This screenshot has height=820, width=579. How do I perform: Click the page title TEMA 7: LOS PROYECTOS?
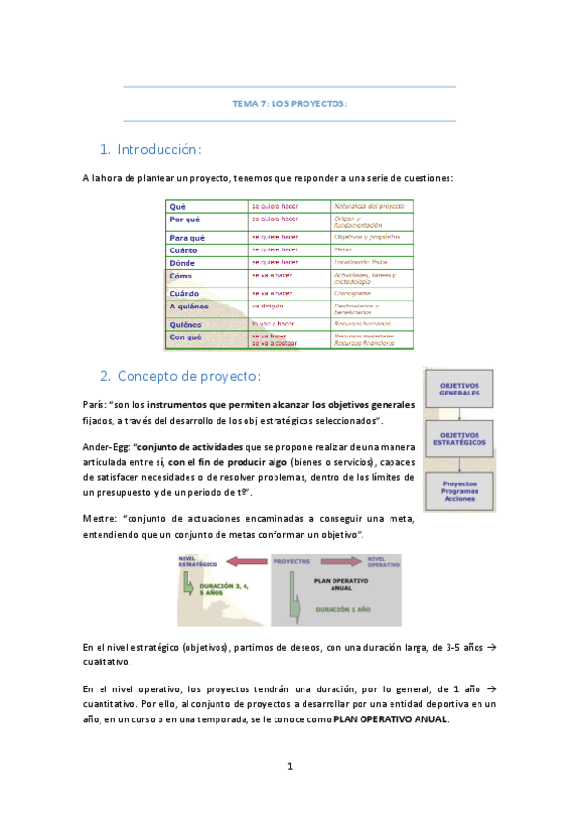289,103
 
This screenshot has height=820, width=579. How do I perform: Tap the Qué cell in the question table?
178,206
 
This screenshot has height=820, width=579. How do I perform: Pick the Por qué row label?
186,220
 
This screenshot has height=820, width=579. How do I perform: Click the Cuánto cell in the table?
184,249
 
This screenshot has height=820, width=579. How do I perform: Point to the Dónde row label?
183,262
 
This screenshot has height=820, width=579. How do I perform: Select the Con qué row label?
186,337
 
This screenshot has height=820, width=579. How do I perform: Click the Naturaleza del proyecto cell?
368,206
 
